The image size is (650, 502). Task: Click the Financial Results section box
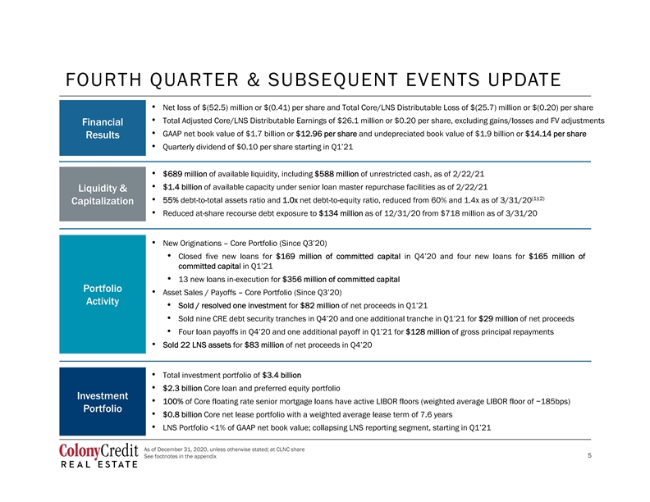click(x=103, y=128)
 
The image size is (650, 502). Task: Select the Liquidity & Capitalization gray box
click(x=103, y=194)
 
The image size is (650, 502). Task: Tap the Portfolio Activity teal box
click(x=103, y=294)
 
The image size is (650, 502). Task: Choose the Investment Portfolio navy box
click(x=103, y=402)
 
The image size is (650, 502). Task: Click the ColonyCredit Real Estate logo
click(x=98, y=455)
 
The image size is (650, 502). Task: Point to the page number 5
click(x=589, y=455)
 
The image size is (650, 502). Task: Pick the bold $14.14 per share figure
click(x=556, y=134)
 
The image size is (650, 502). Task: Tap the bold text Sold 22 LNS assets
click(x=196, y=345)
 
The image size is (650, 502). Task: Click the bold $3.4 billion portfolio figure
click(x=282, y=375)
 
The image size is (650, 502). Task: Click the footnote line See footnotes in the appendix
click(x=180, y=456)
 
